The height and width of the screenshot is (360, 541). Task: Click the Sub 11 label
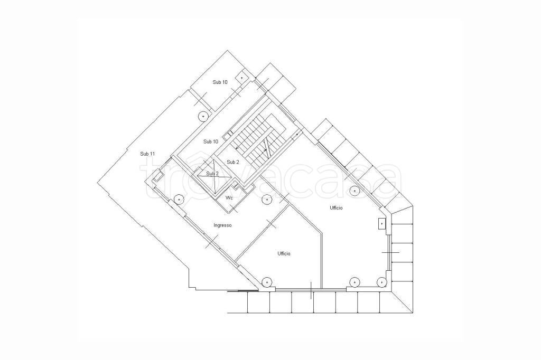click(x=147, y=154)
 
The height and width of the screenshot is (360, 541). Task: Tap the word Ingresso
click(x=222, y=225)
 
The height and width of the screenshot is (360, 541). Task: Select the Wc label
click(x=229, y=197)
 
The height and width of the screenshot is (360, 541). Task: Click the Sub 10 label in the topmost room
click(x=220, y=82)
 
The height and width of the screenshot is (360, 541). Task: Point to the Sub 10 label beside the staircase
click(x=210, y=141)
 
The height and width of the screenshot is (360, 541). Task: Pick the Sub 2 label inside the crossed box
click(x=212, y=174)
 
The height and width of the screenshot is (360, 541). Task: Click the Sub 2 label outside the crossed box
click(x=233, y=162)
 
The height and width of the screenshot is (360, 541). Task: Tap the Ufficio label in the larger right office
click(x=336, y=207)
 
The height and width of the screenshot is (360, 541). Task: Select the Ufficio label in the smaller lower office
click(x=284, y=253)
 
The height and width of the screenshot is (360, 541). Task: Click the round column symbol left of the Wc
click(x=179, y=199)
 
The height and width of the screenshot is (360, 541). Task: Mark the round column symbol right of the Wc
click(x=266, y=200)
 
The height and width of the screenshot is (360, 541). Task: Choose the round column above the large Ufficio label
click(x=355, y=191)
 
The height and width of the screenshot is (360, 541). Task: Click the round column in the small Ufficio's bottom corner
click(x=267, y=282)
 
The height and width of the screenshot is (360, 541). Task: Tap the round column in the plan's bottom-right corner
click(x=381, y=282)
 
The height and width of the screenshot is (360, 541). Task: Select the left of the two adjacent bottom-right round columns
click(x=355, y=282)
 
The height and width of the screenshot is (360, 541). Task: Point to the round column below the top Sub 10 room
click(x=203, y=116)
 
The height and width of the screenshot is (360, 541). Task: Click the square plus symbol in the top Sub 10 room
click(x=241, y=78)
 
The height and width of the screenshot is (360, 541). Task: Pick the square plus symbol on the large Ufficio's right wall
click(x=381, y=223)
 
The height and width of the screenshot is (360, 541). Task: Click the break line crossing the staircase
click(x=266, y=146)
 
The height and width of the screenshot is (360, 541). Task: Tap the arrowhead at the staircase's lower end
click(x=237, y=148)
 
